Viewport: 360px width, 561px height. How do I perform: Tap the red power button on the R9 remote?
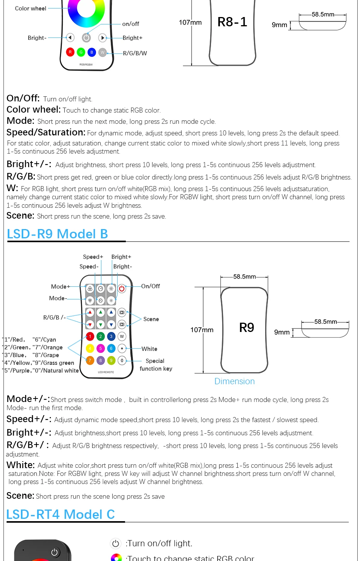point(122,289)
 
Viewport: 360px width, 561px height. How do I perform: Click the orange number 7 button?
point(90,360)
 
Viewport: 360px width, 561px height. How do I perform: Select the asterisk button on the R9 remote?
point(122,348)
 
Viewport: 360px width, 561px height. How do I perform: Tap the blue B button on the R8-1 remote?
point(92,52)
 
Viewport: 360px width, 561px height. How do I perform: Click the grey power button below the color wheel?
point(86,38)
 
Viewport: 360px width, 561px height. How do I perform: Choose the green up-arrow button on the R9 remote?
point(101,312)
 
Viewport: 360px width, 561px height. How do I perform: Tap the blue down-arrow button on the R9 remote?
point(111,325)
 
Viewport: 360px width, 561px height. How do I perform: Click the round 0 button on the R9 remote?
point(122,360)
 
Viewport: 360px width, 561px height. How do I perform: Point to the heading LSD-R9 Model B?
point(57,234)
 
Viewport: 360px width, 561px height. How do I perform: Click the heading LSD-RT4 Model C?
point(61,515)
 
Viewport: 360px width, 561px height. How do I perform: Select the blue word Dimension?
point(235,381)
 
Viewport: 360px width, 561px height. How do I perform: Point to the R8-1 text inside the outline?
point(232,22)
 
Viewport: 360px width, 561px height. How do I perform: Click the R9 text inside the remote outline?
point(247,327)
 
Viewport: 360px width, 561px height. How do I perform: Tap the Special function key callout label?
point(156,364)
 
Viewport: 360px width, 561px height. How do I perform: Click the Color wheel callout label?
point(31,9)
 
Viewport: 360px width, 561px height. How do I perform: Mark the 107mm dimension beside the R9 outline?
point(202,330)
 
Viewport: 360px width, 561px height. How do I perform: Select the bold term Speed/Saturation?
point(46,132)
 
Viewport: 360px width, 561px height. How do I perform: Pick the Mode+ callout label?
point(60,287)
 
